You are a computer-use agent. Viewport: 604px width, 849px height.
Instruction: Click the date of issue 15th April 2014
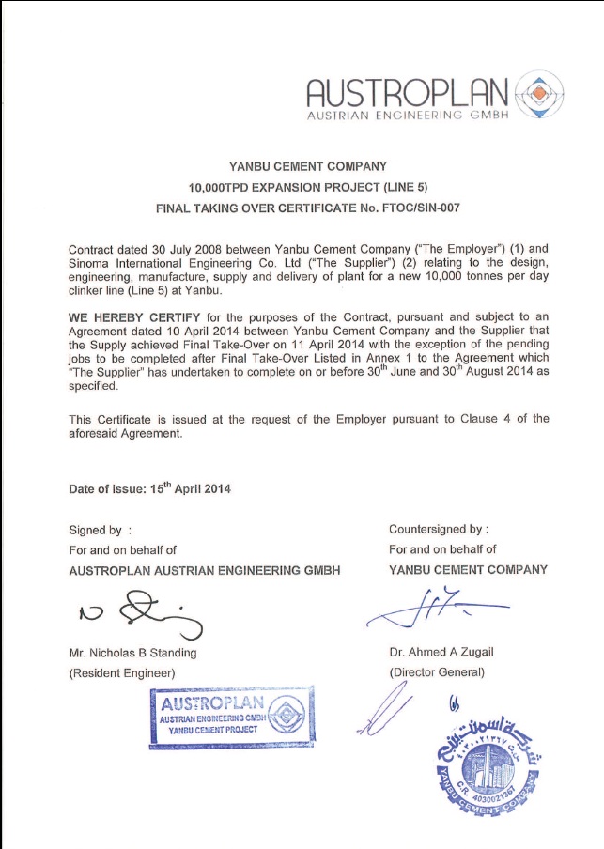pos(190,488)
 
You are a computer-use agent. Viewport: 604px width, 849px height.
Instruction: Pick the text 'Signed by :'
pos(94,530)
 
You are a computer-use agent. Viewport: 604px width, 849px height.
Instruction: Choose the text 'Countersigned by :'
pos(439,529)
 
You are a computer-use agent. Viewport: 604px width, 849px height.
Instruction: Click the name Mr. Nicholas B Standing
pos(132,653)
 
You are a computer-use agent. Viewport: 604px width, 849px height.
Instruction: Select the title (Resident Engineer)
pos(122,672)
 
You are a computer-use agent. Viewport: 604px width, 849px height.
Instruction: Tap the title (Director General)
pos(437,672)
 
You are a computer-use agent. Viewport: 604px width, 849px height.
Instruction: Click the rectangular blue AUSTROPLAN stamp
pos(231,717)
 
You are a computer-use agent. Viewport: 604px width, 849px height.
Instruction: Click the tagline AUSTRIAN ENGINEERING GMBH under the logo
pos(408,116)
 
